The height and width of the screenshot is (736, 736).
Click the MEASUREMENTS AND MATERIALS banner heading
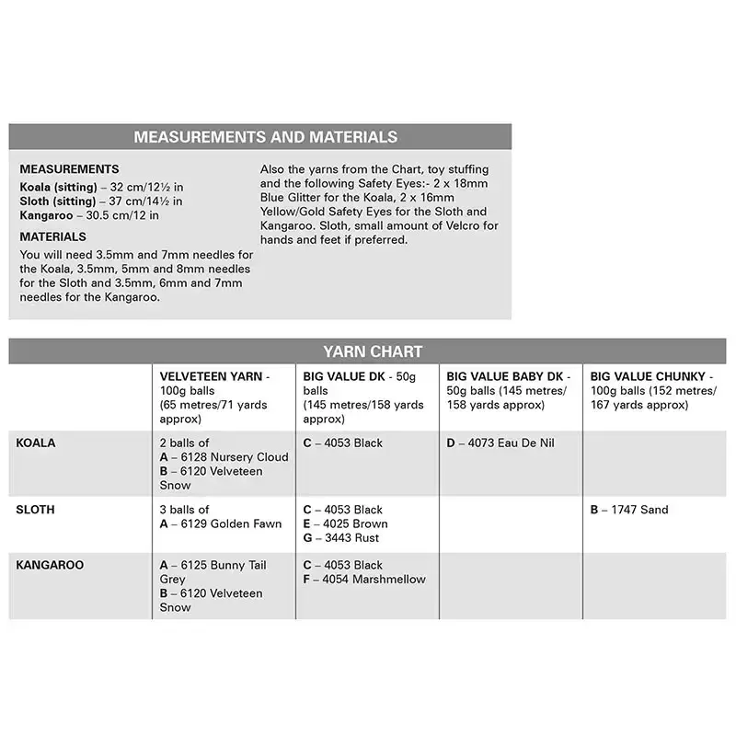pos(265,137)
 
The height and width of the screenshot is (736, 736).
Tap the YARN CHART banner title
pos(373,351)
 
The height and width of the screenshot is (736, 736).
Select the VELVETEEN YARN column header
pos(214,377)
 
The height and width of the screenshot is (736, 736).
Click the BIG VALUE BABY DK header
pos(508,377)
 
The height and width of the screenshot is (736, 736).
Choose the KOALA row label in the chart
pos(36,443)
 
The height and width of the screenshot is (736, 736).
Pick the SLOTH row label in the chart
pos(36,510)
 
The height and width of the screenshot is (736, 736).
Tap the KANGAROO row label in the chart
pos(50,565)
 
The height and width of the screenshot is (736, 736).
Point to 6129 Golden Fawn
pos(213,523)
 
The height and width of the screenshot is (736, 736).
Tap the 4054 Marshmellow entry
pos(364,579)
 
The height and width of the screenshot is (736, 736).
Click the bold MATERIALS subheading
pos(52,236)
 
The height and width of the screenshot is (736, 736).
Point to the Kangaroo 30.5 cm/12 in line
pos(89,215)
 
